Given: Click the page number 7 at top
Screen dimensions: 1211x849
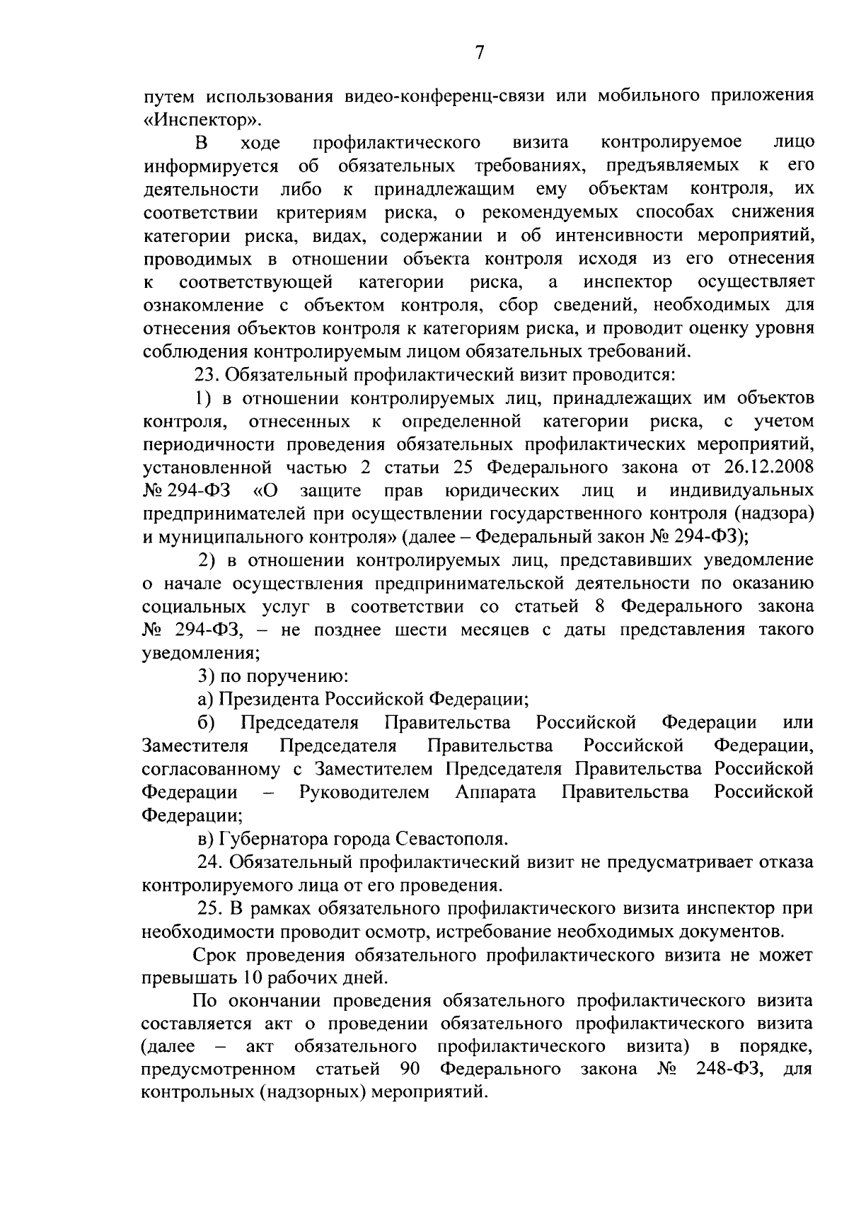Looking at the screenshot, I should click(x=479, y=53).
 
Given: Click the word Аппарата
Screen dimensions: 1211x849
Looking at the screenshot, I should click(x=495, y=792).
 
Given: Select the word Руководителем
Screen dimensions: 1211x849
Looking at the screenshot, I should click(x=364, y=792).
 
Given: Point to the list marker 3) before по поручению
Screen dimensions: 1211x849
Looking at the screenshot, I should click(x=203, y=676).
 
